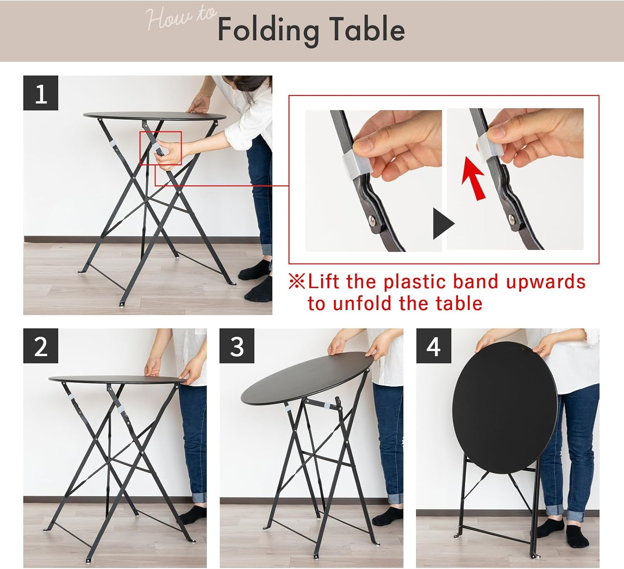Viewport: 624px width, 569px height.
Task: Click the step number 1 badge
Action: coord(41,93)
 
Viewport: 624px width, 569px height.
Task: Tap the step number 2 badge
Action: coord(41,346)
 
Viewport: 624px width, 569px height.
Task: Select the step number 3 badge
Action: coord(237,346)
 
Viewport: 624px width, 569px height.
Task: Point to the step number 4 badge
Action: coord(433,346)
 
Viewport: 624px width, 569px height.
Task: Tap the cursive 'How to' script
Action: coord(181,17)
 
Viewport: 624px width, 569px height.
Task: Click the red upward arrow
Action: coord(473,178)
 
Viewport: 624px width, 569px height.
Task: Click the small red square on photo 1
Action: coord(161,148)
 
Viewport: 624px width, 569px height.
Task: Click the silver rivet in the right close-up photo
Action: coord(512,219)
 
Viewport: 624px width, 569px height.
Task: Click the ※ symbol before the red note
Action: coord(297,281)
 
